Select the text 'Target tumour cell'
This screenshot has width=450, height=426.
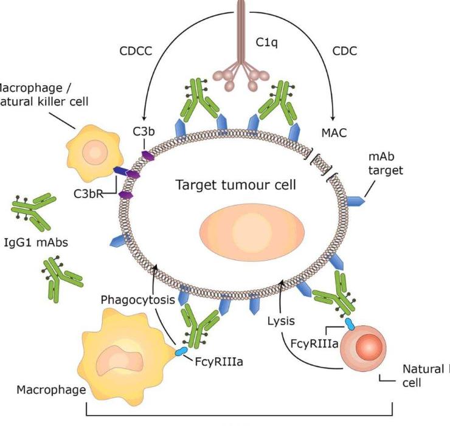235,184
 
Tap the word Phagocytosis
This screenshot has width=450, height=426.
139,300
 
